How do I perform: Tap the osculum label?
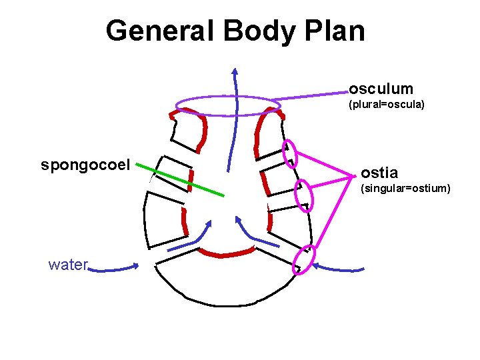pos(381,89)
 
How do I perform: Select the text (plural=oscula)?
pos(387,105)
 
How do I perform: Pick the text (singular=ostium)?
pos(405,189)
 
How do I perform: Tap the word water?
pos(68,265)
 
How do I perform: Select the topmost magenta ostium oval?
pos(291,153)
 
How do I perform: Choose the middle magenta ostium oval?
pos(304,195)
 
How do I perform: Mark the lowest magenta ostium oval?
pos(305,259)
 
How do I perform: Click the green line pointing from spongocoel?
pos(187,179)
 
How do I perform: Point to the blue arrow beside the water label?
pos(115,269)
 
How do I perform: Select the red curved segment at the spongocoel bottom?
pos(227,253)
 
